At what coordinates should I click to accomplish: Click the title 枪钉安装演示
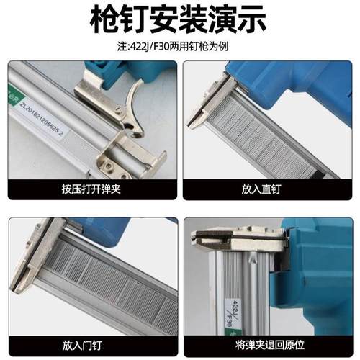pyautogui.click(x=180, y=19)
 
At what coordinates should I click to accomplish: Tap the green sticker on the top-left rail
pyautogui.click(x=13, y=94)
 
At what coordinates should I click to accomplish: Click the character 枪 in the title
pyautogui.click(x=105, y=19)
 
